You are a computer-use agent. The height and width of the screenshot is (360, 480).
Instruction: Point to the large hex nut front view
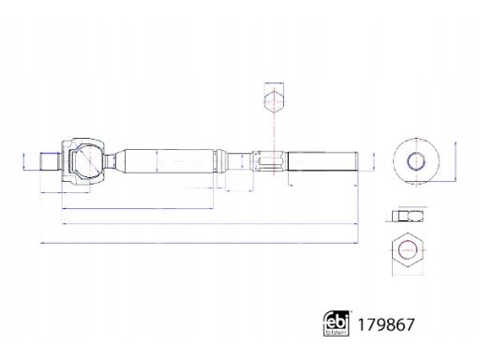click(407, 250)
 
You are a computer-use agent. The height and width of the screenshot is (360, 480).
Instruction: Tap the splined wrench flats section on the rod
click(269, 160)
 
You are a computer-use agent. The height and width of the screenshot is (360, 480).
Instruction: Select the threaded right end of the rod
click(323, 160)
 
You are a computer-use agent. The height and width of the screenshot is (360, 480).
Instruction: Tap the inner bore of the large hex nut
click(407, 250)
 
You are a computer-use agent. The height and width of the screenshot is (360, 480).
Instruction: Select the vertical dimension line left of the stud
click(22, 160)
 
